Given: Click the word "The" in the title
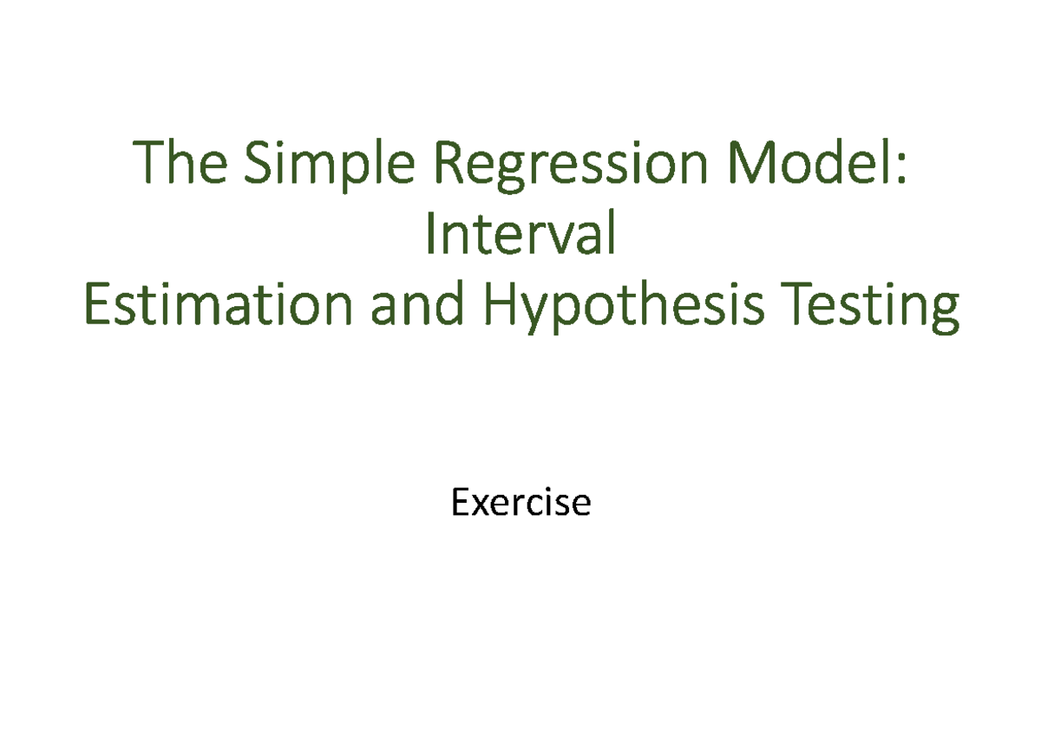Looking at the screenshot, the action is [x=180, y=161].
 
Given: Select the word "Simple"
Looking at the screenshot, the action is [x=329, y=166].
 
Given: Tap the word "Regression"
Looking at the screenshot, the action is [x=571, y=166].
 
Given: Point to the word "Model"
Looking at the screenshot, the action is [x=808, y=161].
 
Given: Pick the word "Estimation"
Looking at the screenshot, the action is [x=219, y=303].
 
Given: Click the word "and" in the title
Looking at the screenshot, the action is [x=417, y=303].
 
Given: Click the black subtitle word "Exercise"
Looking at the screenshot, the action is [x=521, y=502].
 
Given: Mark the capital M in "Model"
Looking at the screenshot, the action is [x=751, y=162].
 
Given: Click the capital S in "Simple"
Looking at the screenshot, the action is [x=257, y=162].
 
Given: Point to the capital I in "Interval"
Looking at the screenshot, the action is [x=429, y=233].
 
